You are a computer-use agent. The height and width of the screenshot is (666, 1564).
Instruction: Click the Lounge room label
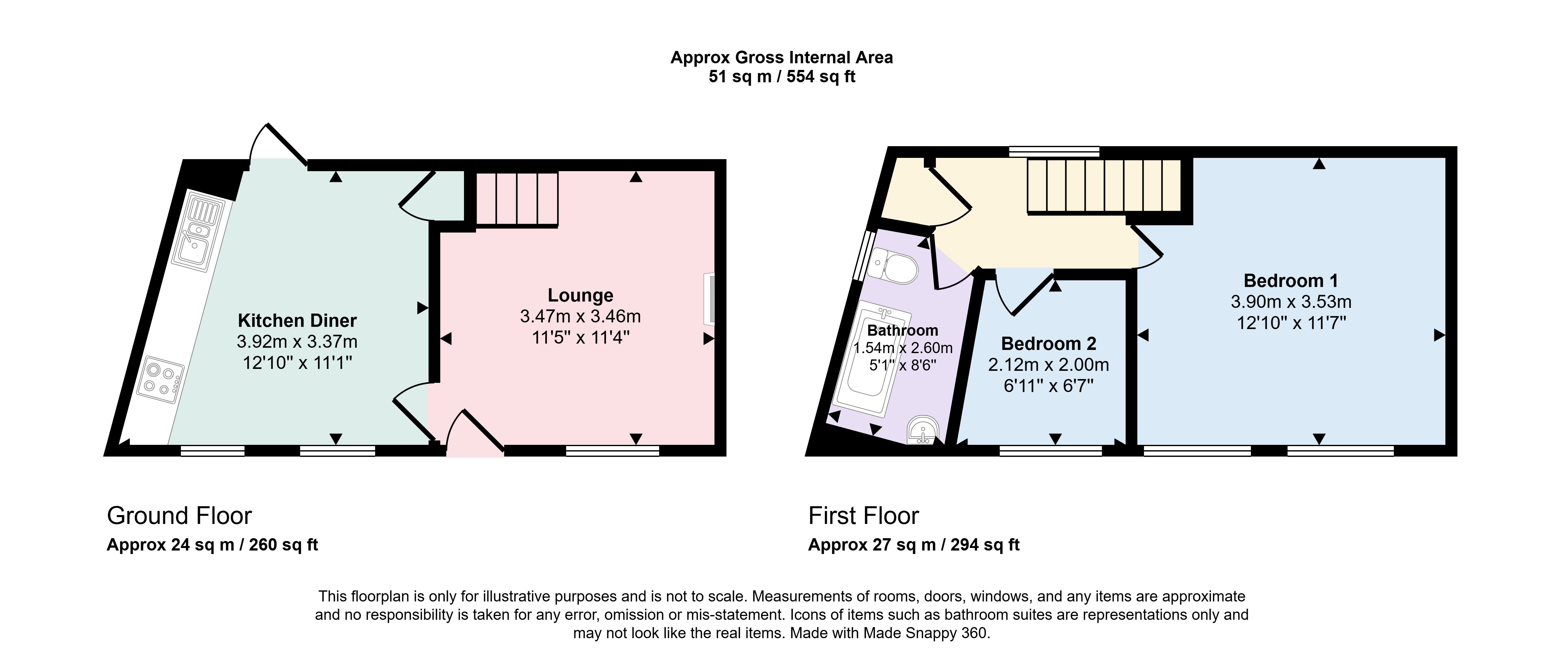[580, 295]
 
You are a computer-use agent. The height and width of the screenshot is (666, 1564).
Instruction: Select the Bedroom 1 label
[1291, 281]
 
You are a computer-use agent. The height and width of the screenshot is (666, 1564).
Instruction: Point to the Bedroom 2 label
[1048, 344]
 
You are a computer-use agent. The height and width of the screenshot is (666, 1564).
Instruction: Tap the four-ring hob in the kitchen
[160, 382]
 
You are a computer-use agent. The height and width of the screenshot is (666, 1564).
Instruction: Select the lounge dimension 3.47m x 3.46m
[580, 316]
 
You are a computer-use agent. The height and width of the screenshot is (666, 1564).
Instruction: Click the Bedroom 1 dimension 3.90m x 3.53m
[1291, 302]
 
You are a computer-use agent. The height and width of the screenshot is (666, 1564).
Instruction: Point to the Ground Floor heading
[179, 516]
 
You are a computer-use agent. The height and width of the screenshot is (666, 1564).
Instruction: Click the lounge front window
[613, 451]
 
